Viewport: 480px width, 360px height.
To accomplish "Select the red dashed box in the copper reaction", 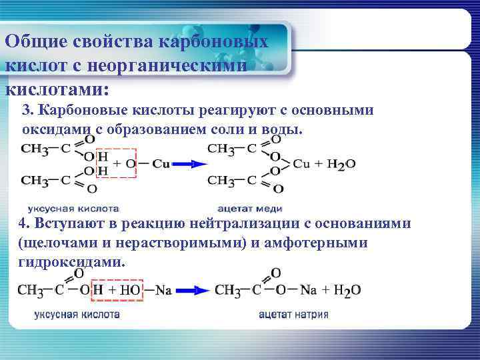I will point(116,163).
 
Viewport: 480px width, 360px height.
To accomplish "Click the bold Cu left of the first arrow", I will point(161,163).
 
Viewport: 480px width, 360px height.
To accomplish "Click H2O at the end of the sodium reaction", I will point(347,290).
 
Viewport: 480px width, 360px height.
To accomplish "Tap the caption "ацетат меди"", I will point(249,208).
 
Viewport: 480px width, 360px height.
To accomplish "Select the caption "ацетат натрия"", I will point(293,314).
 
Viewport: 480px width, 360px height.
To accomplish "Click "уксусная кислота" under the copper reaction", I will point(73,208).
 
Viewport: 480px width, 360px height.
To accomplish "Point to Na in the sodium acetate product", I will point(307,290).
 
